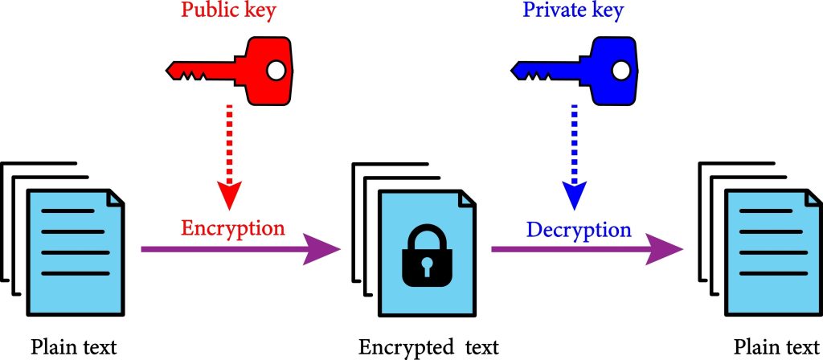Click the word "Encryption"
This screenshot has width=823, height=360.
[233, 228]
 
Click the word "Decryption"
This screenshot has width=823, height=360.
[579, 230]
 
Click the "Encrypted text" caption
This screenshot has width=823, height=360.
[429, 347]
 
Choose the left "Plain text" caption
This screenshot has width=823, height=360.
[74, 347]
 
